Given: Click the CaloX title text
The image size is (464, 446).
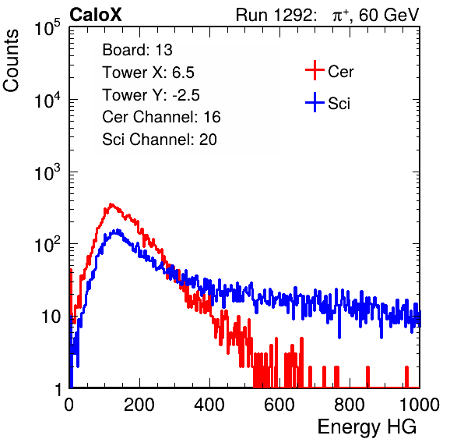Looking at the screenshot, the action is pos(96,15).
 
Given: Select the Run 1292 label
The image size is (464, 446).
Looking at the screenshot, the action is pos(274,15).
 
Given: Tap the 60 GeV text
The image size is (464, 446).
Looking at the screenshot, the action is pos(389,15).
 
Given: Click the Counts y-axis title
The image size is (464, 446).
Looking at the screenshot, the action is pos(11,61).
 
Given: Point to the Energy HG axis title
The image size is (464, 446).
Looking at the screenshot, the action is pos(367,427).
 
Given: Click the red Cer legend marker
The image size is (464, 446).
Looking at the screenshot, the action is pos(315,70).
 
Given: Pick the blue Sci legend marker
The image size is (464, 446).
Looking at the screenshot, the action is pos(315,102).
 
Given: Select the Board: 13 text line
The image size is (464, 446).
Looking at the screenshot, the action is pos(137,50).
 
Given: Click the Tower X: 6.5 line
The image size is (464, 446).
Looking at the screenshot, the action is pos(148,73).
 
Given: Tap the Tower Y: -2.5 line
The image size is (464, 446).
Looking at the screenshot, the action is pos(151,95).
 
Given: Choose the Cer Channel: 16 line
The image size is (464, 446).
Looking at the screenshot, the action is pos(161,117).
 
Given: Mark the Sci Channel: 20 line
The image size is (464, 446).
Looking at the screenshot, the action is pos(160,140).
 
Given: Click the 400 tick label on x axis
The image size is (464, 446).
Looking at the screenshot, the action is pos(209,405).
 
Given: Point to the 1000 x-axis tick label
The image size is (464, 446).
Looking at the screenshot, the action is pos(420,405).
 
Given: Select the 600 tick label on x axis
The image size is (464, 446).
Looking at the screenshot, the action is pos(279,405).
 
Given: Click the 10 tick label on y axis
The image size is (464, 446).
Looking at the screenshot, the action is pos(51,317).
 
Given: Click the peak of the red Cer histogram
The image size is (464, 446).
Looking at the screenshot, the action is pos(111,204).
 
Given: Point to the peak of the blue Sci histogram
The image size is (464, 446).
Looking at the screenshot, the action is pos(118,230).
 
